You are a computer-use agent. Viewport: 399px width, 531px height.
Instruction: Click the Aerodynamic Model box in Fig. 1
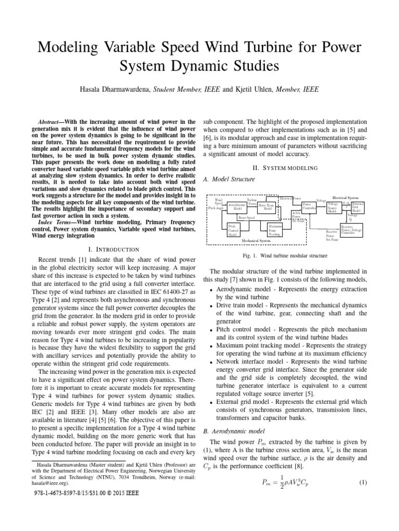(x=237, y=206)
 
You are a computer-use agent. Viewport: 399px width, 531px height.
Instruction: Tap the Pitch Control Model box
(x=232, y=230)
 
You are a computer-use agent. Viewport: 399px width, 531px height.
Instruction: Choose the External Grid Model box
(x=357, y=207)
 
